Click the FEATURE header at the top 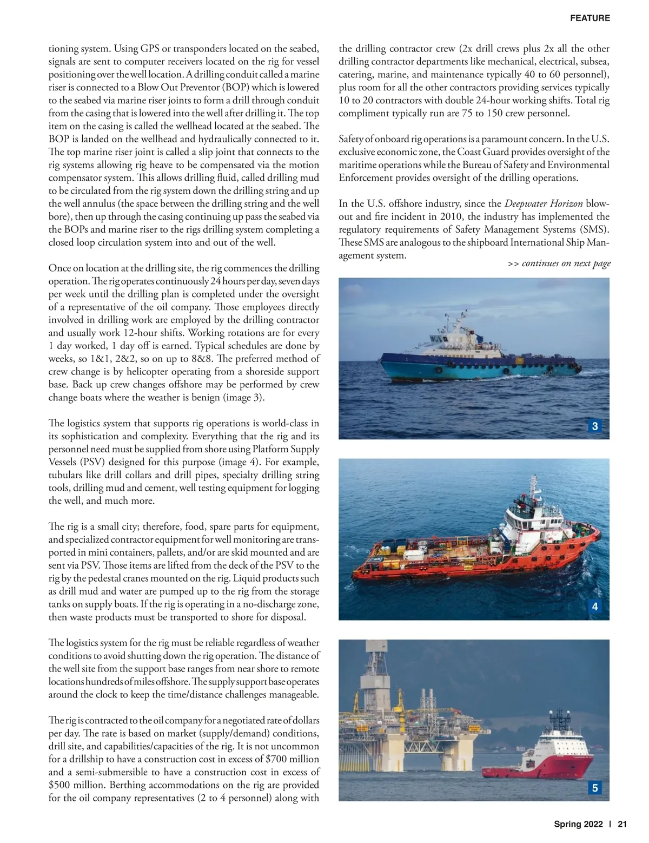pyautogui.click(x=590, y=18)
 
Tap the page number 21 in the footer pyautogui.click(x=622, y=825)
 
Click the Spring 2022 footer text pyautogui.click(x=578, y=825)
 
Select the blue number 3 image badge pyautogui.click(x=595, y=426)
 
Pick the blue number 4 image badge pyautogui.click(x=595, y=607)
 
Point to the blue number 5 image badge pyautogui.click(x=595, y=788)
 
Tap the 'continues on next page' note pyautogui.click(x=559, y=264)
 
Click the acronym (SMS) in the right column pyautogui.click(x=593, y=229)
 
